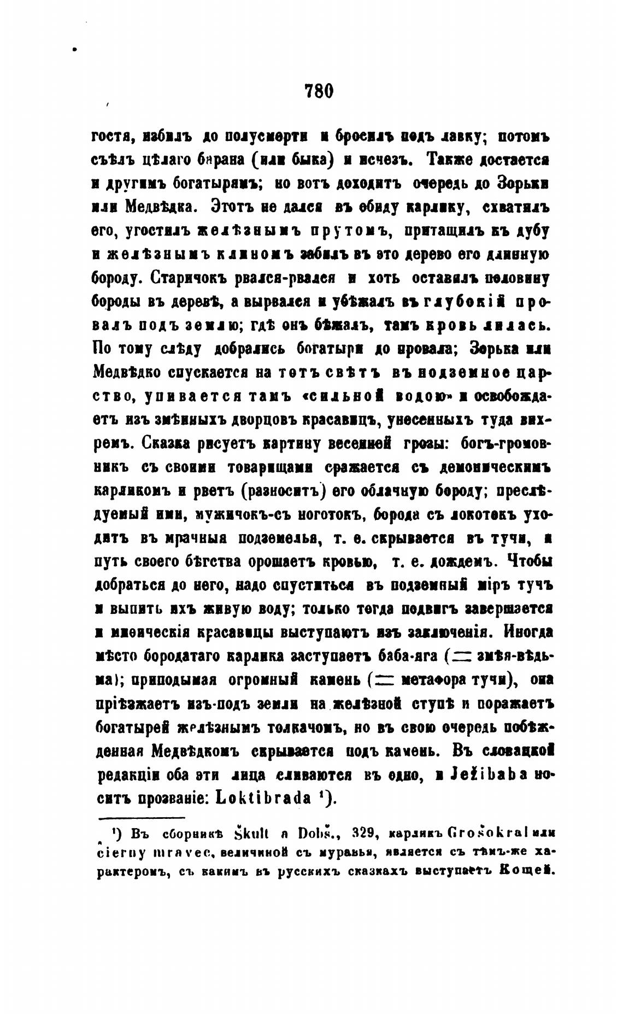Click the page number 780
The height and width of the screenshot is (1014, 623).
click(319, 90)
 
